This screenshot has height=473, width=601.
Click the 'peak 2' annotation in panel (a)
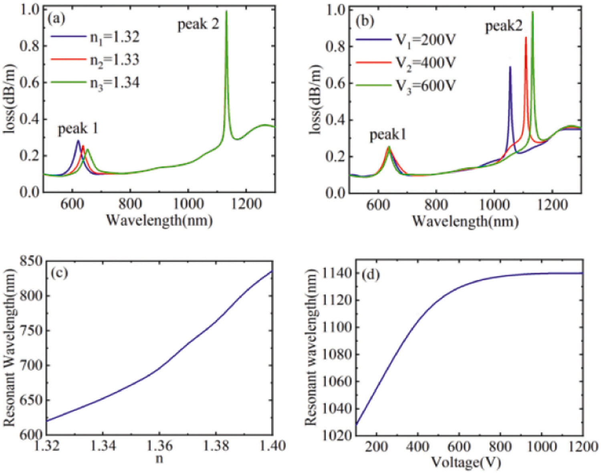coord(198,25)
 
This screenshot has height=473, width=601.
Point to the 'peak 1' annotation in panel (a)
coord(78,129)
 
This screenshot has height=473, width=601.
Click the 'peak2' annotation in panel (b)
coord(504,27)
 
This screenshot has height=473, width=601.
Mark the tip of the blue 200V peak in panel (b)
coord(510,67)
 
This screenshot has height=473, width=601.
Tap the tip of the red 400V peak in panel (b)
coord(526,37)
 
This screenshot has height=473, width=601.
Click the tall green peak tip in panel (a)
coord(226,11)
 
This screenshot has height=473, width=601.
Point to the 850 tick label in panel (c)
coord(31,261)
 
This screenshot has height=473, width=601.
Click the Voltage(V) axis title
coord(466,463)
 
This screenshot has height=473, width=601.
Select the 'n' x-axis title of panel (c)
coord(159,458)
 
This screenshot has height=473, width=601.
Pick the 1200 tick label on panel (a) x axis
coord(246,204)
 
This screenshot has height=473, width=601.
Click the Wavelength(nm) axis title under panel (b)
coord(465,221)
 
